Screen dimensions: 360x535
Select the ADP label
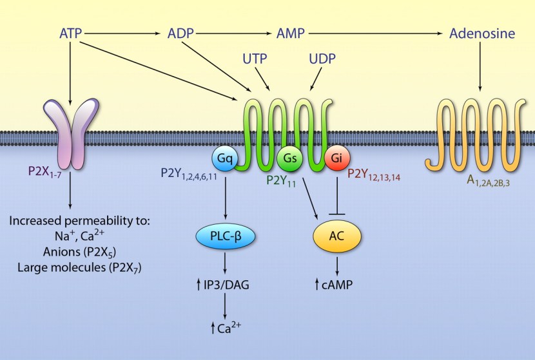point(180,32)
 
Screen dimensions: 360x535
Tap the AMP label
point(290,32)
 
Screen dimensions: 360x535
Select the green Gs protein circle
point(288,156)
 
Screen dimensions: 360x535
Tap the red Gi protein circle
point(335,156)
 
